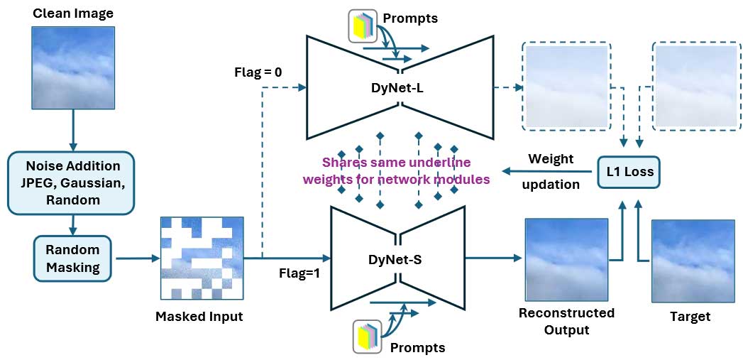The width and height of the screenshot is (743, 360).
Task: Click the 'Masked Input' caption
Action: tap(199, 317)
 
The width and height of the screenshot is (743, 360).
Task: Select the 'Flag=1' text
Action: tap(298, 271)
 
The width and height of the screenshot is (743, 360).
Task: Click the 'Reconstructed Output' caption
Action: tap(566, 321)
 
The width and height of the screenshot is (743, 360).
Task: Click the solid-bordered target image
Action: tap(693, 261)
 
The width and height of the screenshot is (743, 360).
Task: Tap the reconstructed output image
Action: tap(566, 260)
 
